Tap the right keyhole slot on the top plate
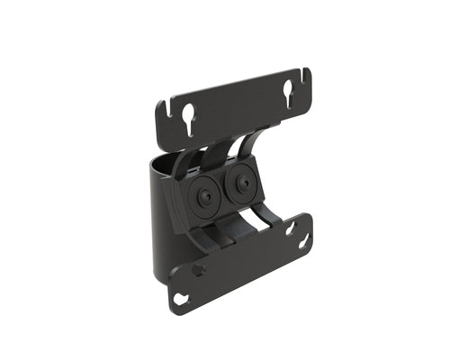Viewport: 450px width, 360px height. coord(289,93)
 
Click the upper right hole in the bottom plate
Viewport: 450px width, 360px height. coord(291,229)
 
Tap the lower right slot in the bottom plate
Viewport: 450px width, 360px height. coord(304,241)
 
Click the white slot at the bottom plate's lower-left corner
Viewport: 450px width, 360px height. coord(183,298)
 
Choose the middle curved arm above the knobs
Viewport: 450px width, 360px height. coord(214,148)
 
